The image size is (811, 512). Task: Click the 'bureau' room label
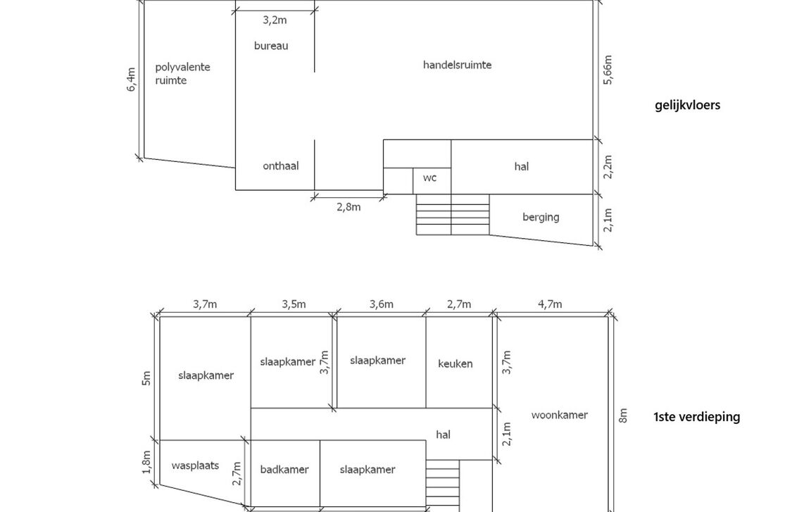[271, 46]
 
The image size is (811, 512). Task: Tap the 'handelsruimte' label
[457, 65]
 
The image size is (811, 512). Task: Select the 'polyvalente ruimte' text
[182, 74]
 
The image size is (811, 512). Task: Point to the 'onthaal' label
[280, 166]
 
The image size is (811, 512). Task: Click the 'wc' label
[429, 178]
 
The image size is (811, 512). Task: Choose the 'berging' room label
[541, 217]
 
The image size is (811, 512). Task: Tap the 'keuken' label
[455, 364]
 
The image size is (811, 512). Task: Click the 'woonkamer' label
[559, 415]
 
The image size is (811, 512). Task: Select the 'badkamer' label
[284, 470]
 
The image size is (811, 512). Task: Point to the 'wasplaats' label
[195, 466]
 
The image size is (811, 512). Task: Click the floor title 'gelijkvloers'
[687, 106]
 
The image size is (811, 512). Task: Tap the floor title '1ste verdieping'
[696, 417]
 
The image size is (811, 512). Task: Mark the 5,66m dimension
[608, 70]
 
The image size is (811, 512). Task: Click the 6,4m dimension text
[132, 80]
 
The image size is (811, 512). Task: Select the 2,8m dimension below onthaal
[348, 207]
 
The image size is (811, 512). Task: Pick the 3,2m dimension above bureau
[275, 20]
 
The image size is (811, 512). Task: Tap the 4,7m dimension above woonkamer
[550, 304]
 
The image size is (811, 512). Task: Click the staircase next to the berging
[452, 215]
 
